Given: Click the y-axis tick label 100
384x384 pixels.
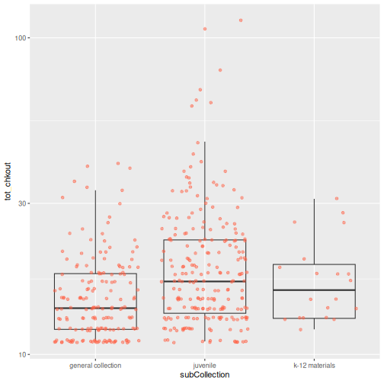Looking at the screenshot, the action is pyautogui.click(x=21, y=38).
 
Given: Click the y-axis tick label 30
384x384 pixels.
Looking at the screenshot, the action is pyautogui.click(x=22, y=203).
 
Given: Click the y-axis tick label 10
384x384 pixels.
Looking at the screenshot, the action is pyautogui.click(x=22, y=354).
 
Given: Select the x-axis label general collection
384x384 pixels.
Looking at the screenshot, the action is pyautogui.click(x=95, y=366).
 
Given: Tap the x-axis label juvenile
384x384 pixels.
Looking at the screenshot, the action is pyautogui.click(x=205, y=366).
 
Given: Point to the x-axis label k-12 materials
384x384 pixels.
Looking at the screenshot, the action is pyautogui.click(x=314, y=366).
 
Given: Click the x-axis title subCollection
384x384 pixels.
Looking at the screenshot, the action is pyautogui.click(x=205, y=375).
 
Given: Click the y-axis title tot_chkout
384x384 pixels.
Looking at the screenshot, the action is pyautogui.click(x=8, y=181).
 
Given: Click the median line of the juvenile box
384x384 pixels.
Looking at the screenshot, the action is pyautogui.click(x=205, y=281).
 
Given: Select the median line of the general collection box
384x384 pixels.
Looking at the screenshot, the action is pyautogui.click(x=95, y=308).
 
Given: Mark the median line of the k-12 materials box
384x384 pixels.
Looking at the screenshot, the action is pyautogui.click(x=314, y=290).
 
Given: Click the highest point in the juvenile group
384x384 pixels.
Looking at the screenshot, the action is pyautogui.click(x=241, y=21).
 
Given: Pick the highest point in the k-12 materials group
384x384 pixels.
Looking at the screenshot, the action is pyautogui.click(x=337, y=199).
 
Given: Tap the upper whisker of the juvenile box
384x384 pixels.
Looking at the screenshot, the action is pyautogui.click(x=205, y=190).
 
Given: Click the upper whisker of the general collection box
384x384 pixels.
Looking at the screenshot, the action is pyautogui.click(x=95, y=232).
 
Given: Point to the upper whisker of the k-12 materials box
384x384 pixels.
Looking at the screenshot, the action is pyautogui.click(x=314, y=232).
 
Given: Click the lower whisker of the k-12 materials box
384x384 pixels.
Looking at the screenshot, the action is pyautogui.click(x=314, y=324).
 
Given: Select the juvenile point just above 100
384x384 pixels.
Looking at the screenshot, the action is pyautogui.click(x=205, y=29).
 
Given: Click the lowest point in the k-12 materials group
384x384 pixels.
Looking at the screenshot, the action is pyautogui.click(x=301, y=330).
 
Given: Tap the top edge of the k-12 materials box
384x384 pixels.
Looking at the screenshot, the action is pyautogui.click(x=314, y=264).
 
